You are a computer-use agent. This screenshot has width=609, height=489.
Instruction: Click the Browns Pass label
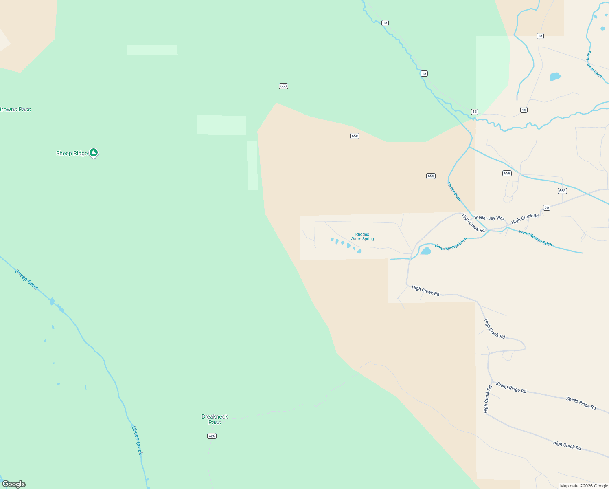(15, 109)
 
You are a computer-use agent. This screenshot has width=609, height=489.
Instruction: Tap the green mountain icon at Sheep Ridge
(94, 153)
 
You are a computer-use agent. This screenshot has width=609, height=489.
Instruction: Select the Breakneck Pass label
(215, 419)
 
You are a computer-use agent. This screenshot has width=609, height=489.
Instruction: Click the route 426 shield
(212, 436)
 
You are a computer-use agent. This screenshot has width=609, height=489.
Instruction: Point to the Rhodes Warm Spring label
(362, 237)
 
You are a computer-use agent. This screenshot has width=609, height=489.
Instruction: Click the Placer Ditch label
(454, 191)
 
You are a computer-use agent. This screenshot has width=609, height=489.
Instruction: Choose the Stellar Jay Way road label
(489, 218)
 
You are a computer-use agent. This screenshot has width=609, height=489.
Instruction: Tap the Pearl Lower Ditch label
(594, 64)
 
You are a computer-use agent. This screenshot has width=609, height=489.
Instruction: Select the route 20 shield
(547, 208)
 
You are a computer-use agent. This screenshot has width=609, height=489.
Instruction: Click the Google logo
(14, 484)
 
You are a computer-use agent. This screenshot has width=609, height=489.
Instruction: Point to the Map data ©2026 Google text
(584, 486)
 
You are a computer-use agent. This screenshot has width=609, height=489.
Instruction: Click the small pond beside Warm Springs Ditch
(425, 251)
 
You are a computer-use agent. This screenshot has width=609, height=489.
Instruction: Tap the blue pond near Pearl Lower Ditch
(555, 76)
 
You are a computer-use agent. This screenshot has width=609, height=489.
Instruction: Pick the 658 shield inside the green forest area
(283, 86)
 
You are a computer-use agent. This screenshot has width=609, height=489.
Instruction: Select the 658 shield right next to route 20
(562, 191)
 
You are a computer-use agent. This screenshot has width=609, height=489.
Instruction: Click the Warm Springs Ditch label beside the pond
(451, 244)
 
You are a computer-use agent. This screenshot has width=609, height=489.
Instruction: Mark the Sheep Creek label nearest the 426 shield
(137, 440)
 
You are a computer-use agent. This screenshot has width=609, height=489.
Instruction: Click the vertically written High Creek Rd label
(487, 399)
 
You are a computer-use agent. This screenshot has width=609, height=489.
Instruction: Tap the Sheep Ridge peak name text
(72, 154)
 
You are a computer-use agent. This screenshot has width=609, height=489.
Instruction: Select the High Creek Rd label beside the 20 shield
(525, 219)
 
